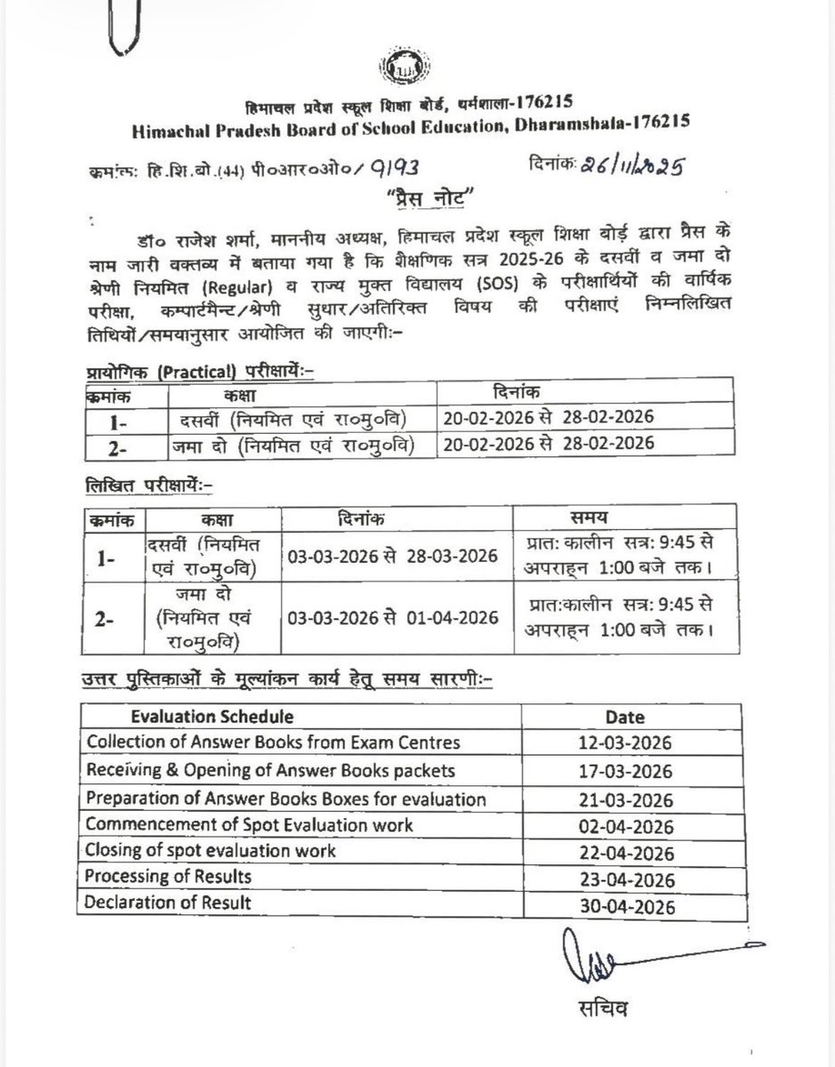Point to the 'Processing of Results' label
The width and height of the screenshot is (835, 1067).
(x=168, y=878)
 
